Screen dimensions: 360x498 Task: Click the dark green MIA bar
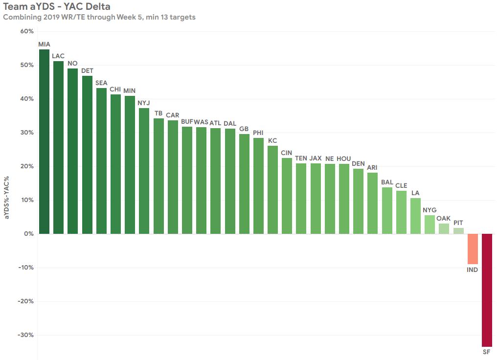[x=44, y=142]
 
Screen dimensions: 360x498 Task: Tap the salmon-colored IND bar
[x=473, y=249]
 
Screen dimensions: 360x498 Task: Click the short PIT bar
[x=458, y=231]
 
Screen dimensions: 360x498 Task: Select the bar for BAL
[x=387, y=211]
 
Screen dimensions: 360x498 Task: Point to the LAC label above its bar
[x=58, y=56]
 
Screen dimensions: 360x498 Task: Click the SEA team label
[x=101, y=83]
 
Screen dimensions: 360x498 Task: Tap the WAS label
[x=201, y=122]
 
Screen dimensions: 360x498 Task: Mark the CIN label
[x=287, y=153]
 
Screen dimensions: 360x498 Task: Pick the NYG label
[x=430, y=210]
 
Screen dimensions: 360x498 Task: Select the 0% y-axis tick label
[x=29, y=234]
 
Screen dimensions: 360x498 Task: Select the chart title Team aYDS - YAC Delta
[x=57, y=7]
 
